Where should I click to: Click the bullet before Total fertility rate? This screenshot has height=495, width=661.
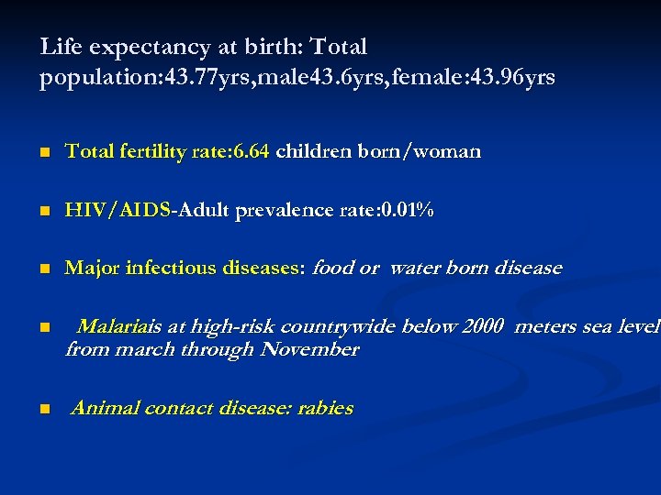(44, 153)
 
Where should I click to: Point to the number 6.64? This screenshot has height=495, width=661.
(251, 151)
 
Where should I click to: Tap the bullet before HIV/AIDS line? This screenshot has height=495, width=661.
(44, 212)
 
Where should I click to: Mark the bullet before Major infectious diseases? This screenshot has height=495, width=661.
(44, 270)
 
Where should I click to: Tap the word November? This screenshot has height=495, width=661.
(309, 349)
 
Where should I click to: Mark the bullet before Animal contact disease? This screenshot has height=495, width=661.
(44, 410)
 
